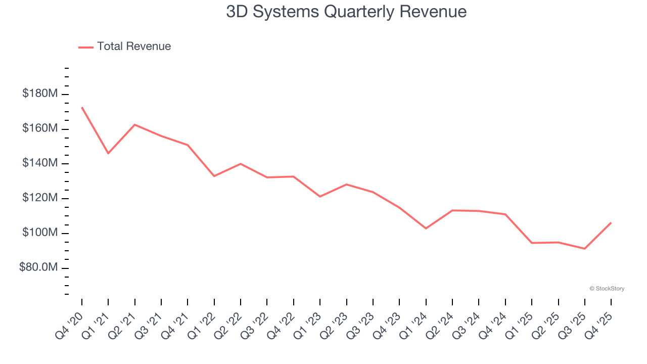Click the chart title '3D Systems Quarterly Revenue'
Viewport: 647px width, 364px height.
coord(346,12)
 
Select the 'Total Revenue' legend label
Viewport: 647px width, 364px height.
coord(134,47)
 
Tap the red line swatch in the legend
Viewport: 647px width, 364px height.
coord(86,47)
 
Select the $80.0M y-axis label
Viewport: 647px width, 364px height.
coord(38,267)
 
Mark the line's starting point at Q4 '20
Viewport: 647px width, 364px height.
coord(82,107)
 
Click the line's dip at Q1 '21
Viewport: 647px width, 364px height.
coord(108,153)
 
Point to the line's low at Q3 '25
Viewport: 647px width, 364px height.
coord(584,249)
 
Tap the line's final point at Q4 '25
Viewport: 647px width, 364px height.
coord(611,223)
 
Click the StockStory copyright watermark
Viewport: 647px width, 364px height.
coord(607,289)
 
